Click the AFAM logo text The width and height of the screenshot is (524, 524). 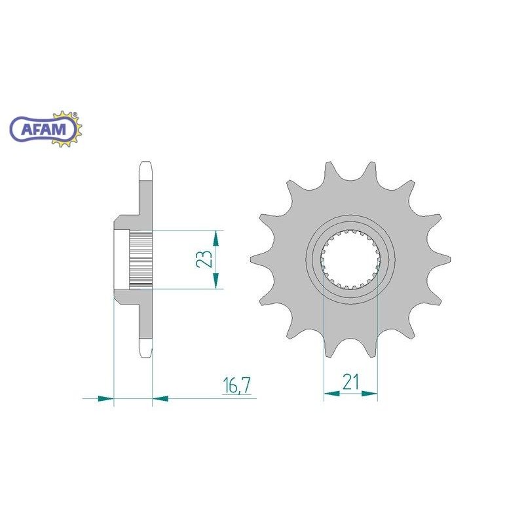(43, 128)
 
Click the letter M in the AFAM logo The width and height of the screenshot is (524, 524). (60, 128)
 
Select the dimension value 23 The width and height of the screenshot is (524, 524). (203, 259)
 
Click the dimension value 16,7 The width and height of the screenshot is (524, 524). (236, 385)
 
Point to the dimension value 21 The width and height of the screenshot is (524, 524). (350, 383)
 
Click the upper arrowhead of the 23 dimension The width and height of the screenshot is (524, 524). (216, 238)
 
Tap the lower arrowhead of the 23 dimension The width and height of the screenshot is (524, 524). (216, 280)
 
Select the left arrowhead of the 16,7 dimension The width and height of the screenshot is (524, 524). (106, 398)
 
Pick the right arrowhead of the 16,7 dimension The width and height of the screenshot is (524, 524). (160, 398)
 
